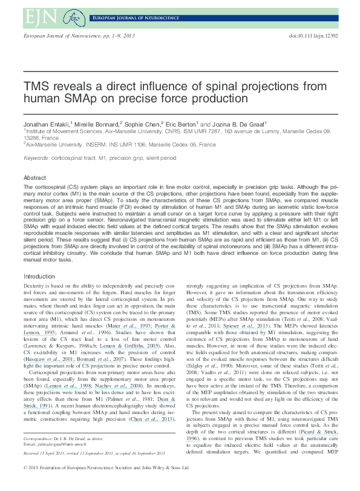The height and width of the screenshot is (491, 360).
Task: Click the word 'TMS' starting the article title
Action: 37,86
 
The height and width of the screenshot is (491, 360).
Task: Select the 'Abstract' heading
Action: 35,178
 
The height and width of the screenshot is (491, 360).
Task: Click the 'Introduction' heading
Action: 39,276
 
